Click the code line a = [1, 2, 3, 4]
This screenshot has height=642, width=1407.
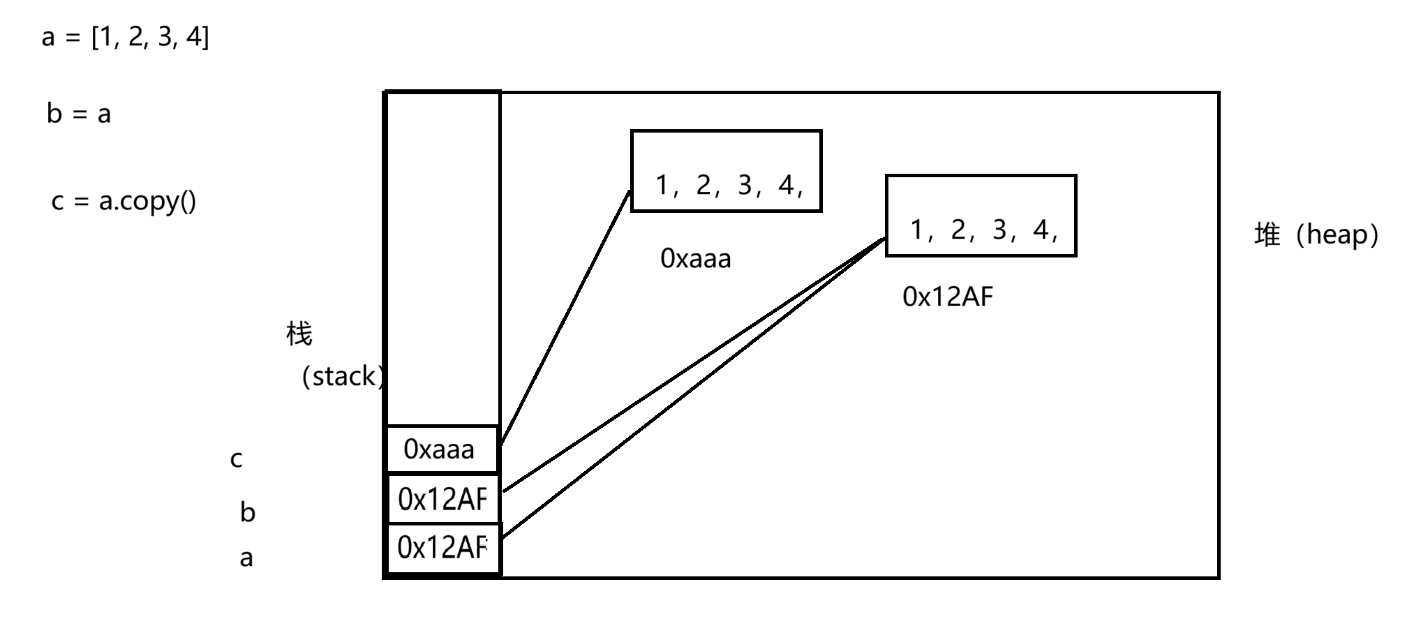click(126, 36)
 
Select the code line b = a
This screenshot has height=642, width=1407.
click(79, 114)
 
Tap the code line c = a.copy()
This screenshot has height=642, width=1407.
click(124, 202)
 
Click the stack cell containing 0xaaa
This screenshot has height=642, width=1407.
click(442, 449)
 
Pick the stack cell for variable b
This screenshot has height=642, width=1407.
click(442, 499)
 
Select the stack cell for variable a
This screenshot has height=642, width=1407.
click(442, 548)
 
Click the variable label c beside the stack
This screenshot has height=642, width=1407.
click(237, 460)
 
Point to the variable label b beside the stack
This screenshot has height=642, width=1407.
click(248, 513)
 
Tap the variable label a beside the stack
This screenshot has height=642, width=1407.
click(246, 558)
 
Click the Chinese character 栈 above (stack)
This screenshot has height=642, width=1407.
click(299, 334)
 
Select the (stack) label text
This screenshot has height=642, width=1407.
click(343, 377)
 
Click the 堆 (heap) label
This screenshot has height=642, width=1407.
click(1316, 234)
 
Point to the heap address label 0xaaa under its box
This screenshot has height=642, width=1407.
click(696, 259)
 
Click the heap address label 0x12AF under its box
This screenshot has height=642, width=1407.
click(947, 297)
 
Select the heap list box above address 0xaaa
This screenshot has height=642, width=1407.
click(726, 171)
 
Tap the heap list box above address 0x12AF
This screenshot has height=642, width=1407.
click(981, 216)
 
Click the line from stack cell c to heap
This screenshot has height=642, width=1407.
click(565, 318)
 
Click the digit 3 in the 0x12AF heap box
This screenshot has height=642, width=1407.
click(999, 230)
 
